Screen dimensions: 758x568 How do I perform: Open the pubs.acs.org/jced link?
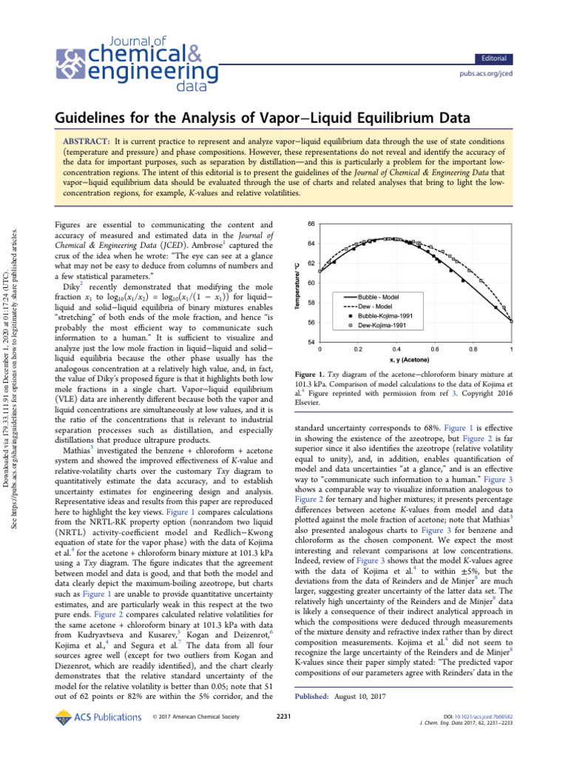(487, 75)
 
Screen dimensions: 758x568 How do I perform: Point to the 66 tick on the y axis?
(311, 223)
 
